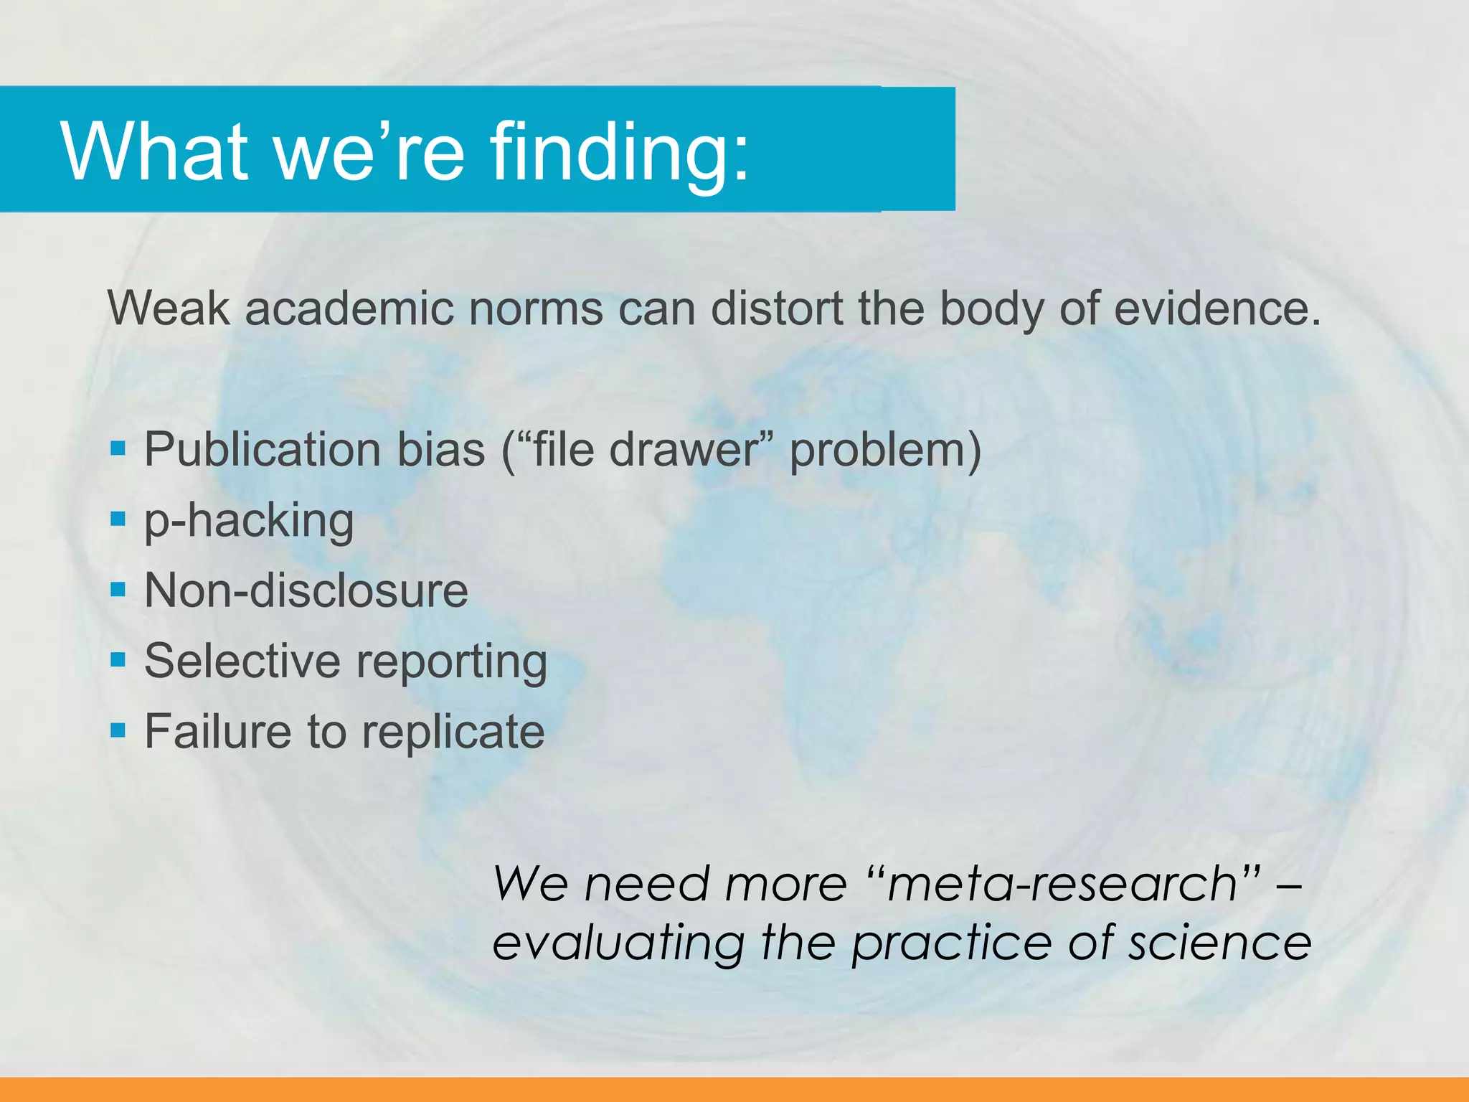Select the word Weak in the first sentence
pos(169,309)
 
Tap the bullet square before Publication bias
pos(118,449)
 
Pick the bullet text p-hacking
pos(249,521)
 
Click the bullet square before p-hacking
pos(118,518)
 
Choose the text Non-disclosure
pos(306,590)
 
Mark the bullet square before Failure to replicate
pos(118,730)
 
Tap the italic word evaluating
pos(619,943)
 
